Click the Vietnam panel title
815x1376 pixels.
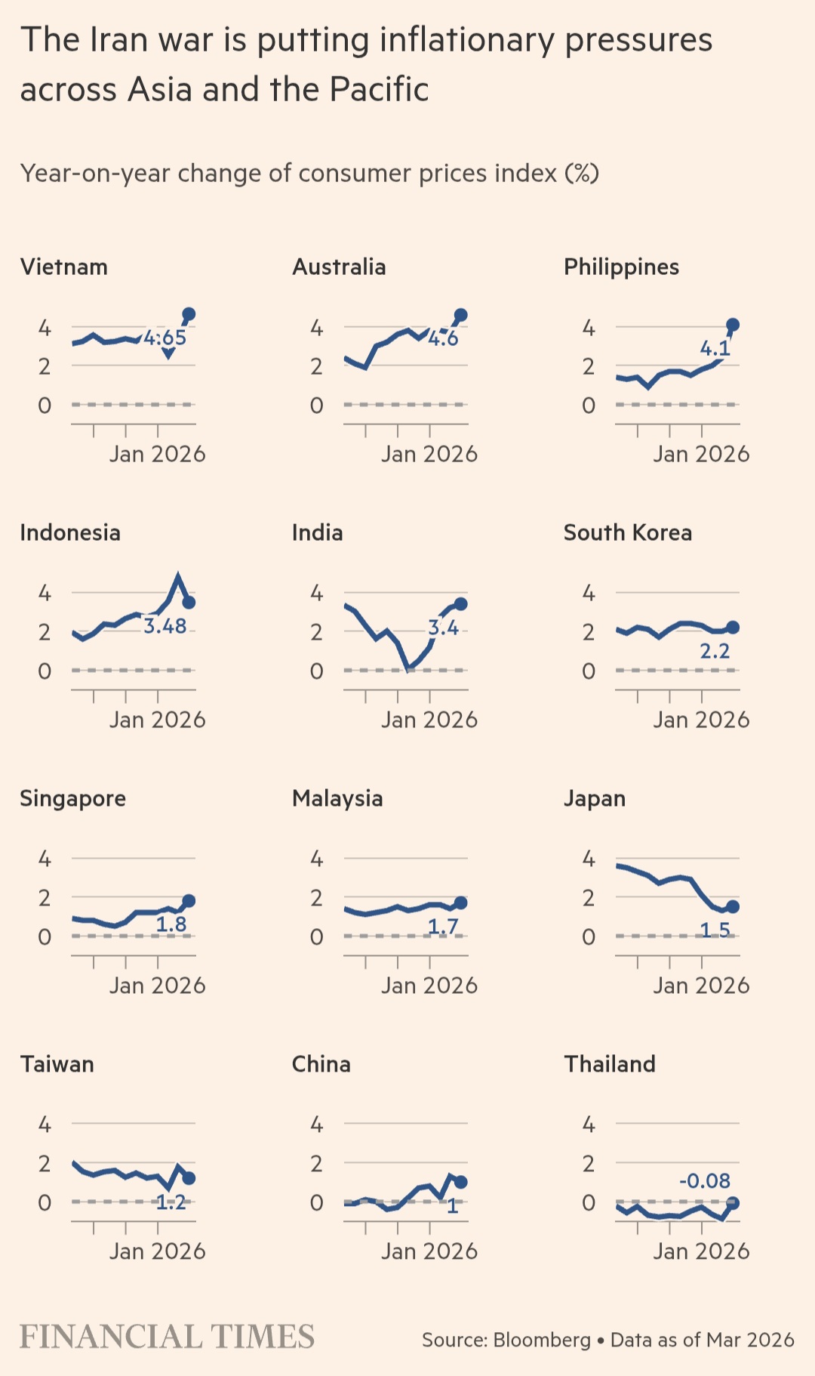[64, 267]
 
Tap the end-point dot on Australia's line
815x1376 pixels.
[460, 315]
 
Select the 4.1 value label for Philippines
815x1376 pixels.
[715, 348]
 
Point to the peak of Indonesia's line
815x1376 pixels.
[178, 577]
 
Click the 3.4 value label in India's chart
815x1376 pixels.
[443, 628]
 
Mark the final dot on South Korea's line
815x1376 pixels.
[732, 628]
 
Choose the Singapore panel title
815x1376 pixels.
[73, 799]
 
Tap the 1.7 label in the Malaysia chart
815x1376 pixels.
[443, 926]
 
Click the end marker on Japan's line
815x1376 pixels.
[732, 907]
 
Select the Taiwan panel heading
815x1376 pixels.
[57, 1064]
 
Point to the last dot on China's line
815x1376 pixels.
[460, 1182]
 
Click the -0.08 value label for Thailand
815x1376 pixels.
[705, 1180]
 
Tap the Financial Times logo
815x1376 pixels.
[167, 1337]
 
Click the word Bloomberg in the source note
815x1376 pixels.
[542, 1340]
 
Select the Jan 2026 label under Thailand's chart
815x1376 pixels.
[701, 1251]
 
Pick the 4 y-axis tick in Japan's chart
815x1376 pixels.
[589, 859]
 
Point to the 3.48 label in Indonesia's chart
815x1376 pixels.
[165, 626]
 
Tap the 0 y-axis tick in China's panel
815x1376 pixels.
[317, 1202]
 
